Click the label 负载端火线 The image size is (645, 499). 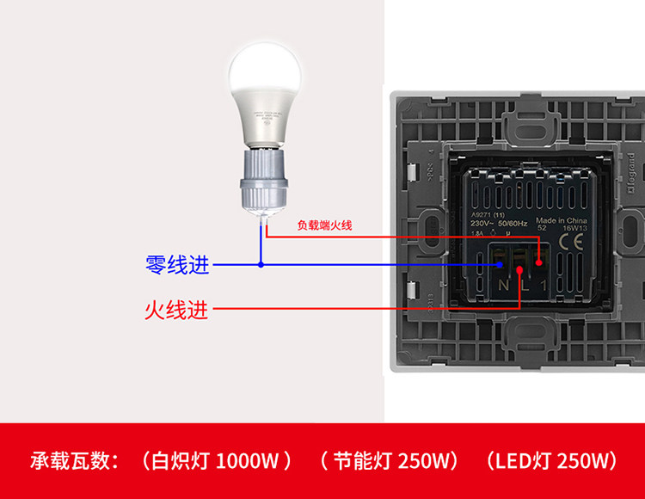click(324, 225)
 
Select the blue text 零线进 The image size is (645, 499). click(177, 265)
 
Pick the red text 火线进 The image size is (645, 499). click(175, 308)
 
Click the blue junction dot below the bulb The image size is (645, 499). click(261, 265)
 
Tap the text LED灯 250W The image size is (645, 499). click(551, 460)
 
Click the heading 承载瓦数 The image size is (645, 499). click(73, 460)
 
